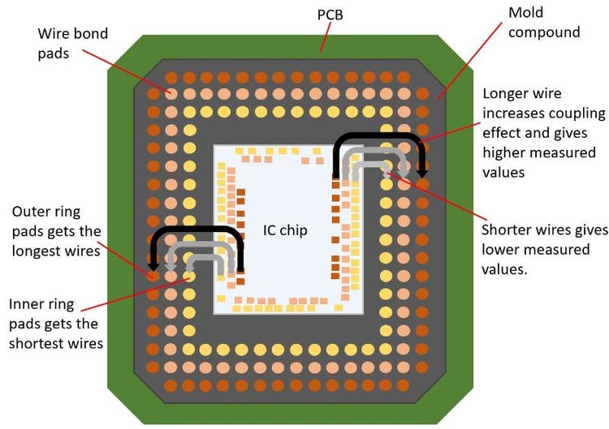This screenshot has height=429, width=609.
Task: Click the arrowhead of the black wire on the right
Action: pyautogui.click(x=422, y=173)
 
